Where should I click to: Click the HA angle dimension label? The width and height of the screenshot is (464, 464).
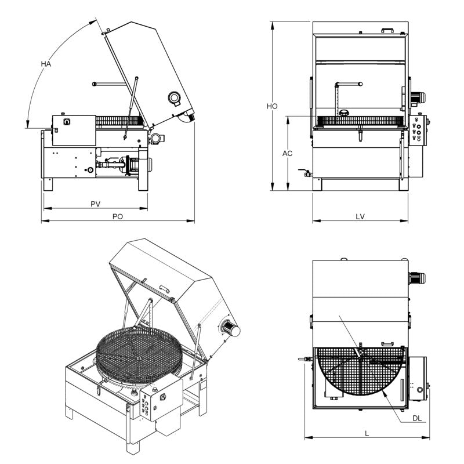click(46, 64)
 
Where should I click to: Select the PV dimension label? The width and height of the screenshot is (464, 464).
click(96, 204)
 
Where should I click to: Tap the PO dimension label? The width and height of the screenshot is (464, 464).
click(118, 216)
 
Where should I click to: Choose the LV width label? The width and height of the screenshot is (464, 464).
click(360, 216)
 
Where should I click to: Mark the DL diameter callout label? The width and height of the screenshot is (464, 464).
click(416, 417)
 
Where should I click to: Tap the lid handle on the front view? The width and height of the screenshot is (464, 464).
click(387, 28)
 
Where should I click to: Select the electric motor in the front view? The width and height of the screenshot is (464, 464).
click(417, 99)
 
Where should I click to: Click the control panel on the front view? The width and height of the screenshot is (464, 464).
click(418, 130)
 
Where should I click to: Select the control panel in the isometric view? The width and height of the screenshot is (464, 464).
click(151, 403)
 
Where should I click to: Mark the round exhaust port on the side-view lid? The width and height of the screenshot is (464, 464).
click(173, 98)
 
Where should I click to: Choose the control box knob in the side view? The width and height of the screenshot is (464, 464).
click(67, 122)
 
